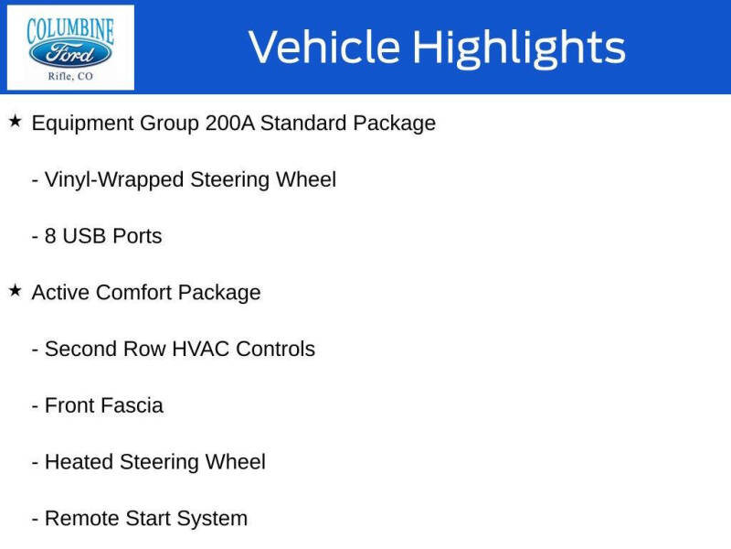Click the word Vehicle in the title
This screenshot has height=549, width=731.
[324, 48]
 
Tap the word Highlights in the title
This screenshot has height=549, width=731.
[518, 48]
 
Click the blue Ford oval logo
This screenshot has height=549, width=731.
[70, 52]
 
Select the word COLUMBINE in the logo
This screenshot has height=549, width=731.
[70, 29]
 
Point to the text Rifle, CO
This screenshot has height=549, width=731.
[70, 76]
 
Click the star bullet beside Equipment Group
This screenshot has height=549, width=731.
[15, 121]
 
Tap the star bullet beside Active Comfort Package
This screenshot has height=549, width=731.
[15, 291]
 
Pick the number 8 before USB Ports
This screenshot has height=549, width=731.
[50, 236]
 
